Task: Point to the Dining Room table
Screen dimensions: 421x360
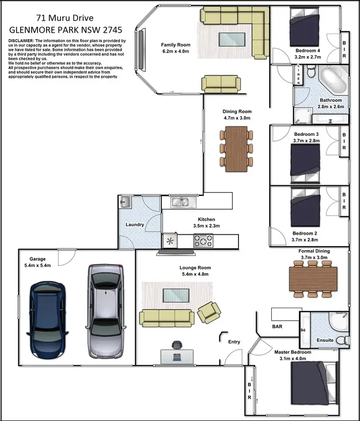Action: [236, 148]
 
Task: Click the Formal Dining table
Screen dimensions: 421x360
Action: [313, 278]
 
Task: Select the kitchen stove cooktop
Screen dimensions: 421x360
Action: [203, 241]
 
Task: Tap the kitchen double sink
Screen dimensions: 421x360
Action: [181, 202]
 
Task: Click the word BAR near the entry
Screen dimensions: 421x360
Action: [277, 326]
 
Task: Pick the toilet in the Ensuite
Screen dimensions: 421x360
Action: [341, 340]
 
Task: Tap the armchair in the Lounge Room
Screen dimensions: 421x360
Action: [210, 312]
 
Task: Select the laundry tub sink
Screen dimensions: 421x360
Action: [125, 202]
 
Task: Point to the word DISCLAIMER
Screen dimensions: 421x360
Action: [21, 41]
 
